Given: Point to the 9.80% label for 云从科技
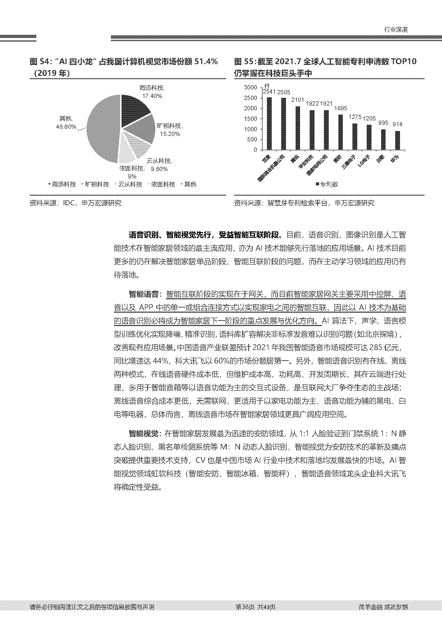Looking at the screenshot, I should click(x=159, y=169).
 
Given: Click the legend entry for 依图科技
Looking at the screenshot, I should click(x=163, y=184).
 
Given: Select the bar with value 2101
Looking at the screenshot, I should click(x=298, y=128).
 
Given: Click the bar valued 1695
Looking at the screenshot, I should click(x=340, y=132).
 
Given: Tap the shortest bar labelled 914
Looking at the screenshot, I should click(x=398, y=141).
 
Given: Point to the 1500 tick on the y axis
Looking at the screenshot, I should click(x=250, y=119).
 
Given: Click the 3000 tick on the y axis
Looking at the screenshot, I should click(x=250, y=87).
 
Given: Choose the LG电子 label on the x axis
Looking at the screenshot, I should click(x=364, y=161).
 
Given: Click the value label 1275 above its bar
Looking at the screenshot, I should click(x=355, y=117).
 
